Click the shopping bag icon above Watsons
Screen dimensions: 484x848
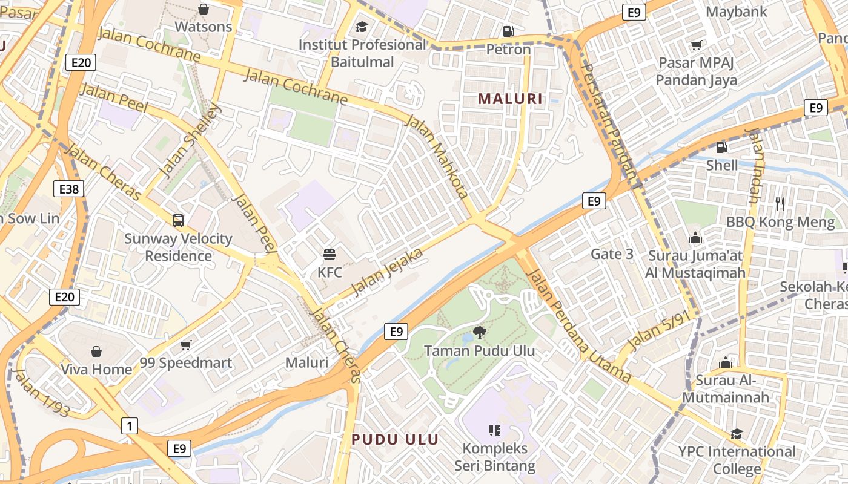204,9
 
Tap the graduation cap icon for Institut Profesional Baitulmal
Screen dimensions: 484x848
362,27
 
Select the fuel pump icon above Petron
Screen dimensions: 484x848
509,31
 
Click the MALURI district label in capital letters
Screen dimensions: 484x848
510,99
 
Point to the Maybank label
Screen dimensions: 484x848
737,11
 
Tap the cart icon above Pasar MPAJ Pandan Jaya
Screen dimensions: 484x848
697,45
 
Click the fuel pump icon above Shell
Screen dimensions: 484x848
721,147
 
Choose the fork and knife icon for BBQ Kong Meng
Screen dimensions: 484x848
780,204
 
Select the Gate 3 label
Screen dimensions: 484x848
612,254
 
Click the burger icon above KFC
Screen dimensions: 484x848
330,254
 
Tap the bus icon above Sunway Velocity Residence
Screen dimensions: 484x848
178,221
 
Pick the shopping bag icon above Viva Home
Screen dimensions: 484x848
96,352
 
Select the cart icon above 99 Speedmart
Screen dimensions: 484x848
185,345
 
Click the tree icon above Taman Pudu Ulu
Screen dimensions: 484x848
479,332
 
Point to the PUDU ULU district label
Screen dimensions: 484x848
395,440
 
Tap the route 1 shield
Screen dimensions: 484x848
129,426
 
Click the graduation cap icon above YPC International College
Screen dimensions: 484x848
737,434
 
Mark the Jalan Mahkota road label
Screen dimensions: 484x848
438,157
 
